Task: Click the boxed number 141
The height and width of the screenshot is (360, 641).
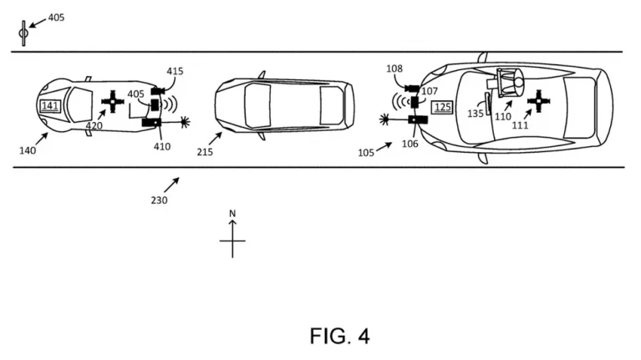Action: (x=50, y=106)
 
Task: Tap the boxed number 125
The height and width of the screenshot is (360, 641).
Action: (x=443, y=108)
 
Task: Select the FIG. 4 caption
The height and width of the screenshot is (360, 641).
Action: (x=339, y=337)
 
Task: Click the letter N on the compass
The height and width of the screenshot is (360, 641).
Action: (x=232, y=213)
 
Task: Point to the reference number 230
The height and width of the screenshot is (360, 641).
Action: (x=159, y=200)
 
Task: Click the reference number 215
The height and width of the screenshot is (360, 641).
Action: (x=205, y=152)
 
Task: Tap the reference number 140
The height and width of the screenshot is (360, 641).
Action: (x=28, y=150)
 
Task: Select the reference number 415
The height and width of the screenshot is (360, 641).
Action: (x=175, y=71)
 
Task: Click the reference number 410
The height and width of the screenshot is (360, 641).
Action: (x=162, y=146)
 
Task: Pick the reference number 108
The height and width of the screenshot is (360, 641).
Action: (x=394, y=68)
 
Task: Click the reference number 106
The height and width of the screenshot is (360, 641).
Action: (x=410, y=144)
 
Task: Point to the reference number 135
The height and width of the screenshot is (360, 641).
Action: (x=476, y=114)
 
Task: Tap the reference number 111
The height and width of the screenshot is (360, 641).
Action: (x=520, y=125)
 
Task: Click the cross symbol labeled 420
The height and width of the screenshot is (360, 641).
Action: (x=113, y=102)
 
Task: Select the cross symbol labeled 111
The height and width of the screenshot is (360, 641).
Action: (x=539, y=101)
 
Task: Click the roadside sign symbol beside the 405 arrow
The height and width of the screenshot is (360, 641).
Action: (x=23, y=33)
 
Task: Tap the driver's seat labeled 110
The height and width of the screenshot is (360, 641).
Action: (x=510, y=83)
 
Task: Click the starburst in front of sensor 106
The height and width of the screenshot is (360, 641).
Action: (x=384, y=119)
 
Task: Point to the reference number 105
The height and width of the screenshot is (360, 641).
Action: (x=366, y=153)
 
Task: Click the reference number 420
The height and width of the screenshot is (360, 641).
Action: (x=94, y=126)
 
